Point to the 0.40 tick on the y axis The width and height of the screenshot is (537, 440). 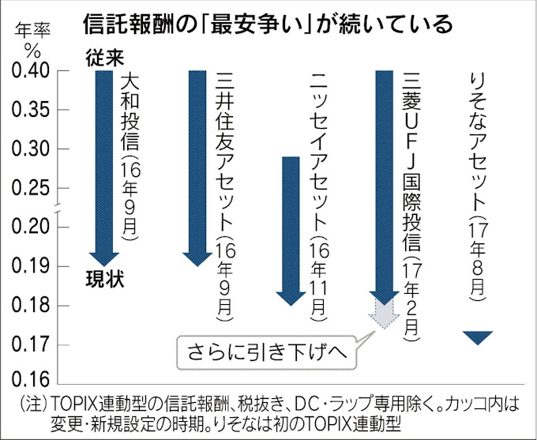coord(31,72)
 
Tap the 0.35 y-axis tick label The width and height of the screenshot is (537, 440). coord(31,110)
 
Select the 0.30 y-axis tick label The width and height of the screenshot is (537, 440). coord(31,149)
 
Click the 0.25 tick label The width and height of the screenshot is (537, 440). coord(31,188)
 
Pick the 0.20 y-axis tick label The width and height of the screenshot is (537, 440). coord(31,227)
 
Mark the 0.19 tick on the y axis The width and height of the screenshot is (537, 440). coord(31,266)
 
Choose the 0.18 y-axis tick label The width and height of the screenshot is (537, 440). coord(31,305)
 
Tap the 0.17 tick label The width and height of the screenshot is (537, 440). coord(31,344)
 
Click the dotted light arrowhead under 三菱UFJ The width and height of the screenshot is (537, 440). coord(383,318)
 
